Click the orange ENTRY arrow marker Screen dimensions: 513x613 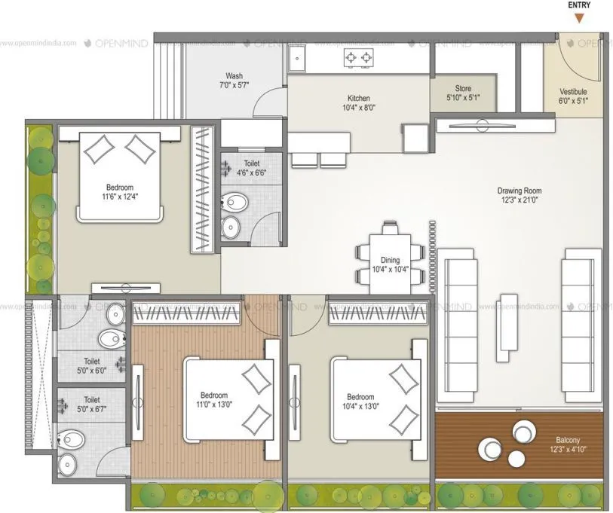[x=578, y=18]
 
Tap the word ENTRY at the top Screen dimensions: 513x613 [x=578, y=5]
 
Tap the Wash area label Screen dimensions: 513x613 [x=234, y=76]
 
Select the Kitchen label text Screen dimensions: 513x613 [x=358, y=99]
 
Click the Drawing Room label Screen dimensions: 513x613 [x=519, y=191]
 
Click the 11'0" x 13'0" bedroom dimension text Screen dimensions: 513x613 [x=213, y=405]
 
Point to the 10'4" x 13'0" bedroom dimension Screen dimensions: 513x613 [x=360, y=406]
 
